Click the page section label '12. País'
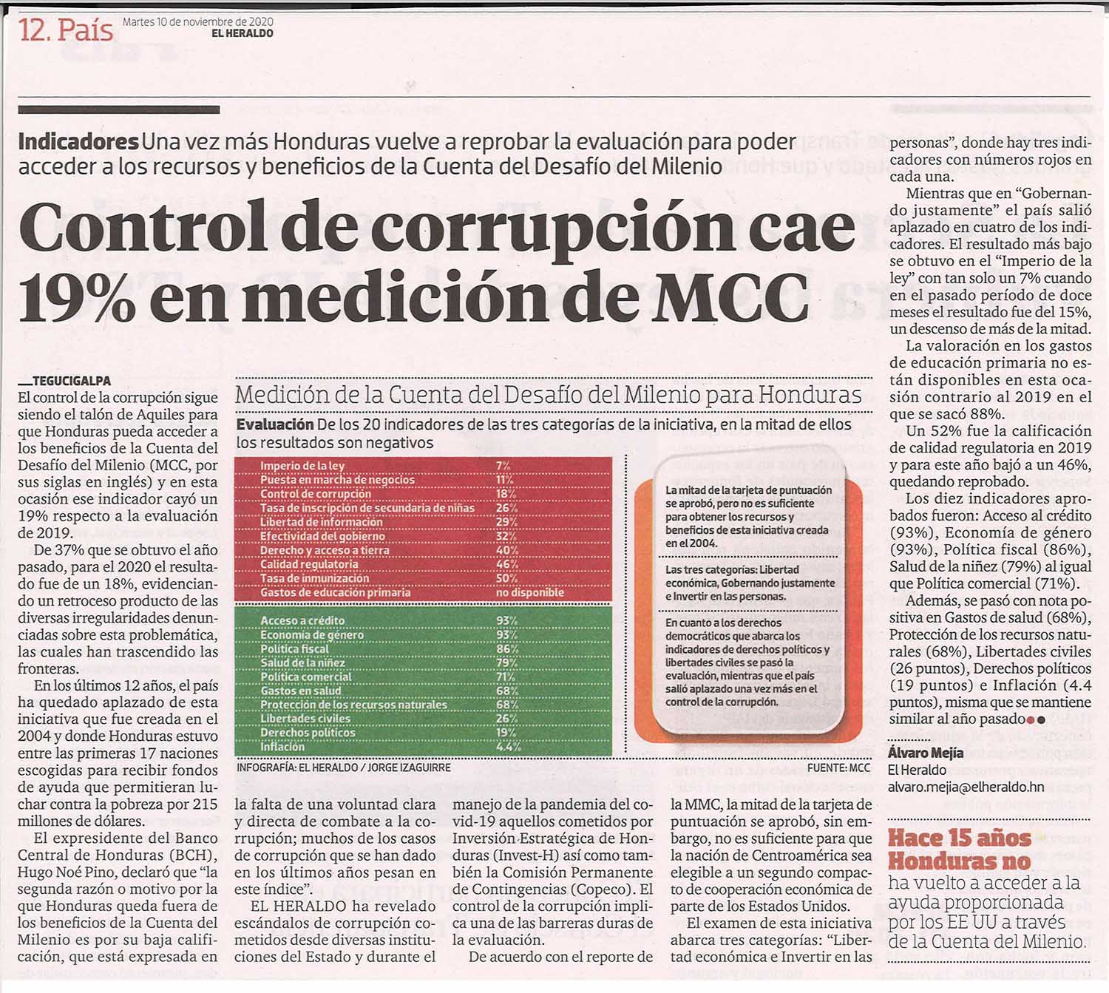(x=66, y=30)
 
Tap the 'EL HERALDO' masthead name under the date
(x=243, y=34)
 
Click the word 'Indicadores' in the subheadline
(x=78, y=142)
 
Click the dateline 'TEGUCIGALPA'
(x=72, y=381)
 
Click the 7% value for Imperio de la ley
(x=503, y=466)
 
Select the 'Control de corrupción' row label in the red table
(x=315, y=494)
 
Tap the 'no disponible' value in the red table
(x=529, y=592)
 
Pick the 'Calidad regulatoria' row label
(x=309, y=564)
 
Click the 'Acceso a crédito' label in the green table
(x=302, y=621)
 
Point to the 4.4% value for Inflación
(x=508, y=747)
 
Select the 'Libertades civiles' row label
(x=305, y=718)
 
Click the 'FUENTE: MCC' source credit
(x=838, y=768)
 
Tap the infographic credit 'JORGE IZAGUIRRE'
(x=409, y=768)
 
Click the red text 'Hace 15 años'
(x=960, y=838)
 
